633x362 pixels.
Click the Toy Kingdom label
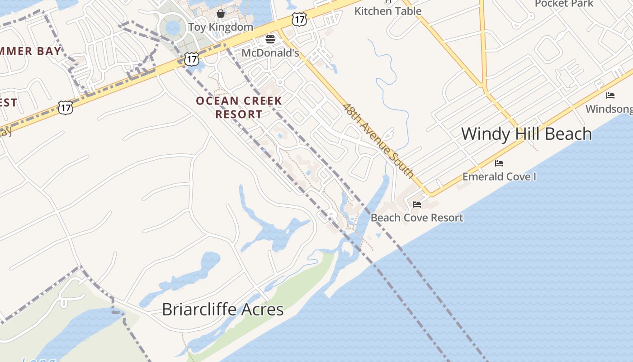click(x=221, y=27)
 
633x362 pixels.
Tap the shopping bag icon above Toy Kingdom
click(x=221, y=14)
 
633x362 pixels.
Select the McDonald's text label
click(x=270, y=53)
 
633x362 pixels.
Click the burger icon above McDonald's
click(x=270, y=39)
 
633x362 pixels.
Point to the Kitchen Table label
click(x=388, y=11)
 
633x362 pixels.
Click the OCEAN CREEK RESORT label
click(x=239, y=107)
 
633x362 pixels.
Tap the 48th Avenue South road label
click(x=378, y=140)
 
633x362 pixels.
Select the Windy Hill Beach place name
click(x=526, y=134)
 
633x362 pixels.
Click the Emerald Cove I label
click(x=499, y=176)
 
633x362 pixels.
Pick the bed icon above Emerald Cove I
click(x=499, y=163)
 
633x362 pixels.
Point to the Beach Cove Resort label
click(x=416, y=218)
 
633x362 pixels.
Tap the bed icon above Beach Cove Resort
click(x=417, y=205)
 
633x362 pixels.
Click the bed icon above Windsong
click(x=610, y=95)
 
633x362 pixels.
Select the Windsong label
click(x=609, y=109)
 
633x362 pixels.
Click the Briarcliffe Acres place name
click(x=222, y=310)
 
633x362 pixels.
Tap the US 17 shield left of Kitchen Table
click(x=299, y=19)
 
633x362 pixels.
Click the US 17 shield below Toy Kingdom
click(x=192, y=59)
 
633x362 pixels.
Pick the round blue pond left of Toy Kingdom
click(x=173, y=28)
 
